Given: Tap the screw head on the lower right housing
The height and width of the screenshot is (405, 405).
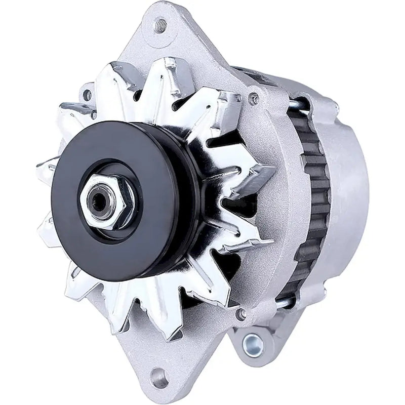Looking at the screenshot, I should coord(241,314).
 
